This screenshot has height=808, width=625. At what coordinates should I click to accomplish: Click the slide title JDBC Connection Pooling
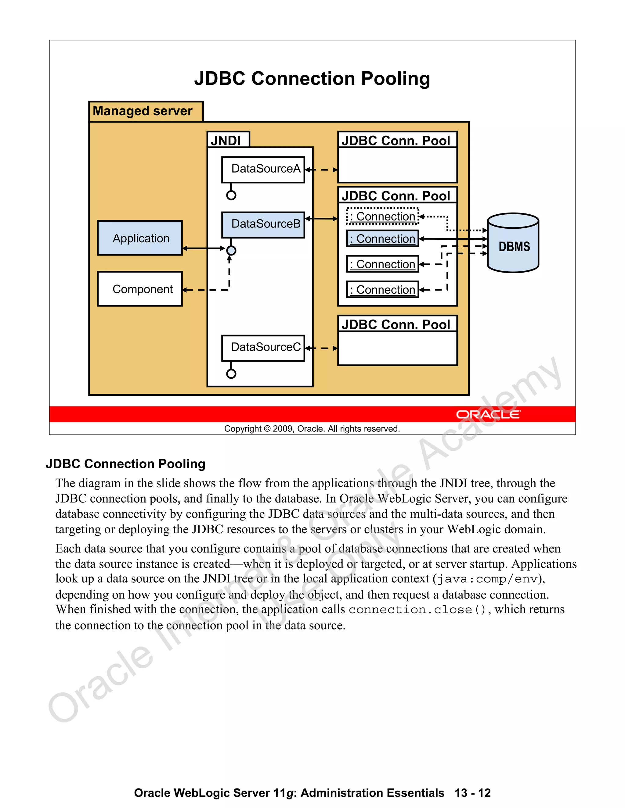312,78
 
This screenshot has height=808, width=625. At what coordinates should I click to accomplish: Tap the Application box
140,238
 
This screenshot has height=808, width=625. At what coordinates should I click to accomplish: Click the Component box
140,289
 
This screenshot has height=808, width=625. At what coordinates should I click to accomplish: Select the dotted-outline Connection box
382,216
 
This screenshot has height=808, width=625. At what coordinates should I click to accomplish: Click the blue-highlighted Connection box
382,239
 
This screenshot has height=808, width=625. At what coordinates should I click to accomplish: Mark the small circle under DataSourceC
231,374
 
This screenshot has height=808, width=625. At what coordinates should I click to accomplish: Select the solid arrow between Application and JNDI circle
204,248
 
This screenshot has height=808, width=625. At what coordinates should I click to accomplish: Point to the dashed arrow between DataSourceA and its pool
321,170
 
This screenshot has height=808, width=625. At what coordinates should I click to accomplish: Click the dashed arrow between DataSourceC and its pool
321,348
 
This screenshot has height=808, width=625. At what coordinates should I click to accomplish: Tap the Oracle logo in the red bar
488,414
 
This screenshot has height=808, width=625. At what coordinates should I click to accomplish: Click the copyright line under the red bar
312,429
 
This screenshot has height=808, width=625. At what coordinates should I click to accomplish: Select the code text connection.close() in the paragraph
417,609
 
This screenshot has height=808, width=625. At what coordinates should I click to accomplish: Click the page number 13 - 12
472,793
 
